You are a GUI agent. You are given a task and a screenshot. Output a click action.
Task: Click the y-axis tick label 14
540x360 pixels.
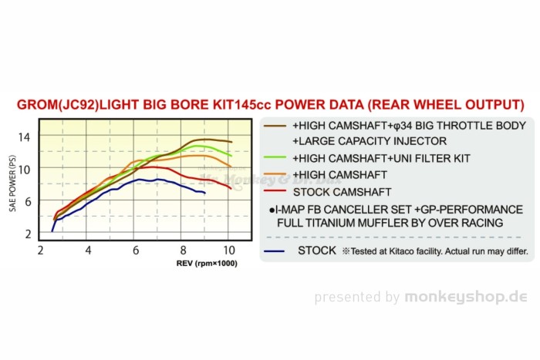pos(25,136)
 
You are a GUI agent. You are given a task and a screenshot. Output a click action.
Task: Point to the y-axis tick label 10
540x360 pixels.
pos(25,169)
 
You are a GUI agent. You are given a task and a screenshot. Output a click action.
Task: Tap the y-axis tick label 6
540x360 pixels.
pos(27,201)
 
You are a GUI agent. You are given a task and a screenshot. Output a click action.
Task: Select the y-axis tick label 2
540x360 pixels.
pos(27,234)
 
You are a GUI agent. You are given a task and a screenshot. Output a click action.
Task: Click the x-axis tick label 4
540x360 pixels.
pos(88,251)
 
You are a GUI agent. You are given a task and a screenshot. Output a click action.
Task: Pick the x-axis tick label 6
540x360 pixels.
pos(135,251)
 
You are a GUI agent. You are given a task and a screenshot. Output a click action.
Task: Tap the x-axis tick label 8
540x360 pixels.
pos(183,251)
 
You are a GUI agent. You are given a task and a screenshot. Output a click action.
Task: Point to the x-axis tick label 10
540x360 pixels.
pos(229,251)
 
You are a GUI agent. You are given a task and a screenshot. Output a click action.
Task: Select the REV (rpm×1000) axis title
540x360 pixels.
pos(208,264)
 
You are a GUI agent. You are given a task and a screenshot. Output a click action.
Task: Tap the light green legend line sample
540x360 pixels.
pos(275,158)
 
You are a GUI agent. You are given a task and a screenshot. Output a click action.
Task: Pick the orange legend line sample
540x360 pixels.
pos(275,175)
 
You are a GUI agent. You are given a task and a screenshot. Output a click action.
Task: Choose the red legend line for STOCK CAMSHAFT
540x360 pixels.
pos(275,191)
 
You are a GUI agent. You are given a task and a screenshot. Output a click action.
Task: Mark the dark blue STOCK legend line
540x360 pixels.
pos(275,251)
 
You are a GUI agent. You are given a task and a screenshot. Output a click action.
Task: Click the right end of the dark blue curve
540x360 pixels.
pos(204,193)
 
